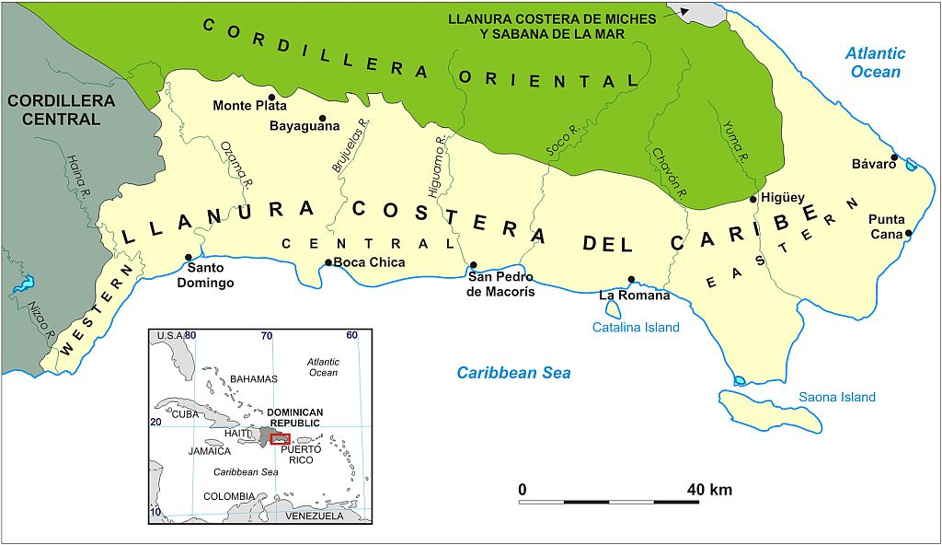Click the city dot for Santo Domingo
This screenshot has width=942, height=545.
point(189,258)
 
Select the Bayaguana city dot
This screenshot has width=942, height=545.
point(323,118)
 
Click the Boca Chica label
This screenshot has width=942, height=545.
point(369,262)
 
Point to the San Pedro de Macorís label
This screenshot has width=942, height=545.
point(501,284)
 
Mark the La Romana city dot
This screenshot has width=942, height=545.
point(631,279)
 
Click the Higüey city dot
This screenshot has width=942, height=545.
point(753,199)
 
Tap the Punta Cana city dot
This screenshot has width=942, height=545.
point(908,233)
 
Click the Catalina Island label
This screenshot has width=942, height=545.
point(636,328)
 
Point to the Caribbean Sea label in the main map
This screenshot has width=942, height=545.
point(514,373)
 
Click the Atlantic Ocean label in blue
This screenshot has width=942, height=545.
point(875,63)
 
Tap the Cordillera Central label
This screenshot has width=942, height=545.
point(62,110)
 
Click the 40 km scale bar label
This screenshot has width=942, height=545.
point(709,490)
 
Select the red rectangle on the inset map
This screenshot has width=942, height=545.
point(281,438)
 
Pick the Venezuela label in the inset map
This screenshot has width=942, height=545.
point(313,516)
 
